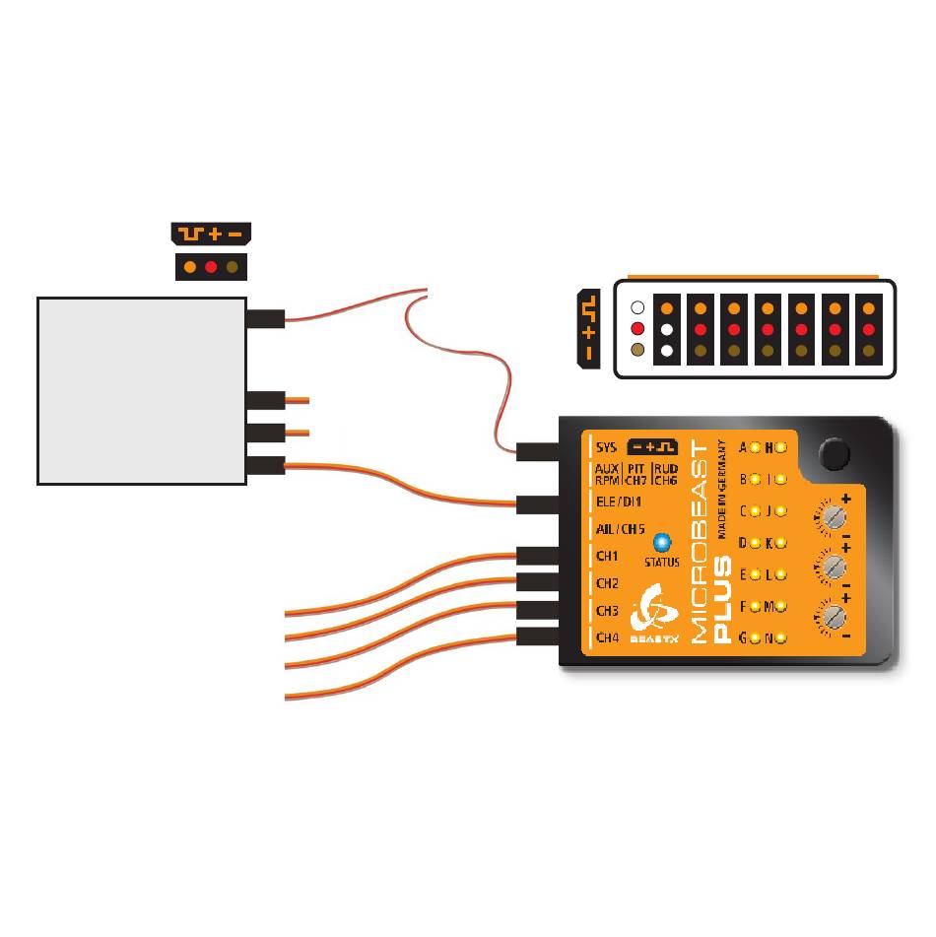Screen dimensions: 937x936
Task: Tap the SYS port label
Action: click(606, 447)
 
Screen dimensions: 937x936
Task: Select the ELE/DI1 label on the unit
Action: click(619, 502)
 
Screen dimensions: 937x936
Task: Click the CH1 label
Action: click(608, 556)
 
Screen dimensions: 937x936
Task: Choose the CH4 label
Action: click(608, 638)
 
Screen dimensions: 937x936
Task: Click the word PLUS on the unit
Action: click(721, 600)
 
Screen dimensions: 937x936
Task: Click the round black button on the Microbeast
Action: click(834, 453)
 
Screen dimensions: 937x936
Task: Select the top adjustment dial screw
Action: click(833, 515)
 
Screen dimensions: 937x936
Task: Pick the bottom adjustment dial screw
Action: click(833, 617)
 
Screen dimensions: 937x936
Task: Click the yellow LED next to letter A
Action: click(755, 448)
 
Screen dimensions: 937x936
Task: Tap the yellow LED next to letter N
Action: click(780, 638)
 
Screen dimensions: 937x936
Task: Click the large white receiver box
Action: click(141, 390)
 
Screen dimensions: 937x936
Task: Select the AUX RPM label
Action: click(607, 473)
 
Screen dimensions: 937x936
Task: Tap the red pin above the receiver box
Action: click(211, 267)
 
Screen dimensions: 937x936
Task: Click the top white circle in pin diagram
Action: click(636, 307)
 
